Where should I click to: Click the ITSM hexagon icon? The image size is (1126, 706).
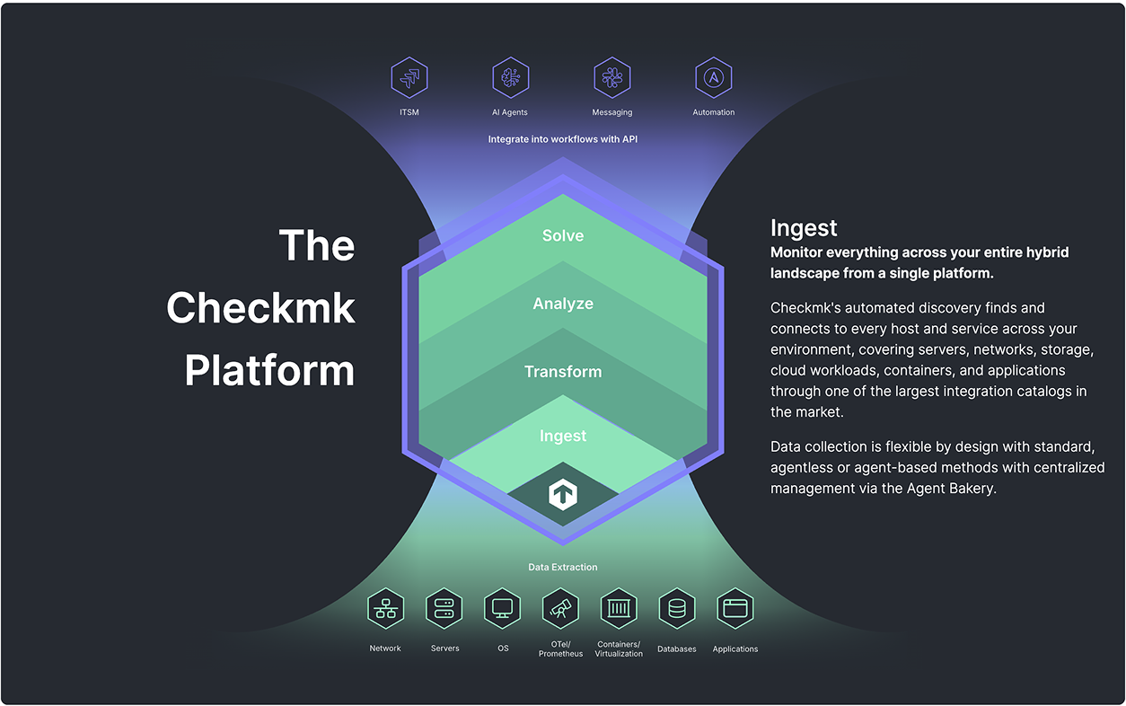[x=409, y=77]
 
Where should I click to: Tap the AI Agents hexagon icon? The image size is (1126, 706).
[x=510, y=77]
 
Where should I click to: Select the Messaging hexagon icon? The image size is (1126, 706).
[x=611, y=77]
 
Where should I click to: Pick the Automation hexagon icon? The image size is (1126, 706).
[x=713, y=77]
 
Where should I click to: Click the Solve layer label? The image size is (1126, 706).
[x=563, y=235]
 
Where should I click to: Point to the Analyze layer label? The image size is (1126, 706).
[x=563, y=304]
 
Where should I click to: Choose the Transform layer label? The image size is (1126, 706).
[x=563, y=372]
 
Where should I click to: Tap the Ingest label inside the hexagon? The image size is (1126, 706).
[x=563, y=436]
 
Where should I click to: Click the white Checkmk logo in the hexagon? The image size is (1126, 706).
[x=563, y=494]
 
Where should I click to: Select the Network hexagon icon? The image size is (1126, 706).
[x=385, y=608]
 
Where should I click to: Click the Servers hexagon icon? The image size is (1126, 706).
[x=444, y=608]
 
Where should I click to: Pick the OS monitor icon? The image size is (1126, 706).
[x=502, y=608]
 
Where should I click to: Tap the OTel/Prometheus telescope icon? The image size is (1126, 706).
[x=560, y=608]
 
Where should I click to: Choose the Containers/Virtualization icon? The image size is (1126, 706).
[x=619, y=608]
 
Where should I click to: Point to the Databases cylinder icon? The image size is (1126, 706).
[x=677, y=608]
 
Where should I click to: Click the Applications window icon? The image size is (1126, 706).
[x=735, y=608]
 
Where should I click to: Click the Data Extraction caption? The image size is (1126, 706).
[x=563, y=567]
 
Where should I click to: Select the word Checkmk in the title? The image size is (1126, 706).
[x=260, y=307]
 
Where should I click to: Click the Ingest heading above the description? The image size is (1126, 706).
[x=804, y=228]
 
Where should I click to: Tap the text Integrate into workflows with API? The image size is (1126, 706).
[x=563, y=139]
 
